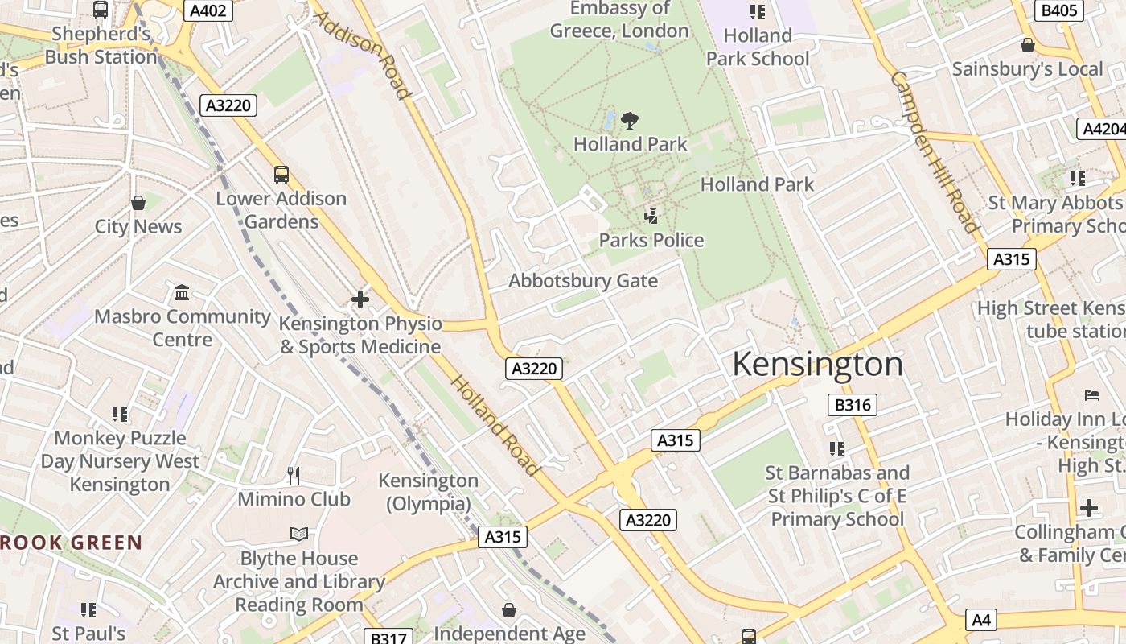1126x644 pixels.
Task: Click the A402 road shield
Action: (209, 10)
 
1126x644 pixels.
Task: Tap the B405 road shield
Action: (1059, 10)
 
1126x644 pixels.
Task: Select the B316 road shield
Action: (852, 405)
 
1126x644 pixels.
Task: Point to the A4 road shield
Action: (981, 620)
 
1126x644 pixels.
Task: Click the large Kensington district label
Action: (817, 365)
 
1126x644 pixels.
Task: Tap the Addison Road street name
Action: (363, 55)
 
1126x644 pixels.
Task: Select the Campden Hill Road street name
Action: (934, 151)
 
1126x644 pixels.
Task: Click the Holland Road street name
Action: (494, 426)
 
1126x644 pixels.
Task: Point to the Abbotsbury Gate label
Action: (583, 281)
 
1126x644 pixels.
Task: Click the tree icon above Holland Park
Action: (630, 121)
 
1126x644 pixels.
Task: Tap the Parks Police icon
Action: (651, 216)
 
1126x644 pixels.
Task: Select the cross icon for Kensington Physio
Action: (360, 299)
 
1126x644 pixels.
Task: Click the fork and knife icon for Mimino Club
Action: (294, 476)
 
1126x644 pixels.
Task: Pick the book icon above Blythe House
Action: (298, 535)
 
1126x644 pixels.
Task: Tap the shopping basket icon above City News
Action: (138, 203)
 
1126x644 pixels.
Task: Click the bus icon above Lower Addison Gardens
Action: (281, 174)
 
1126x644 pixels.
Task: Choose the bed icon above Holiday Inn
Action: (1091, 395)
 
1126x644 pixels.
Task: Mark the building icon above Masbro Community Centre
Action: (183, 292)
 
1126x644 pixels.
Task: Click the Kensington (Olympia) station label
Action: (428, 492)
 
